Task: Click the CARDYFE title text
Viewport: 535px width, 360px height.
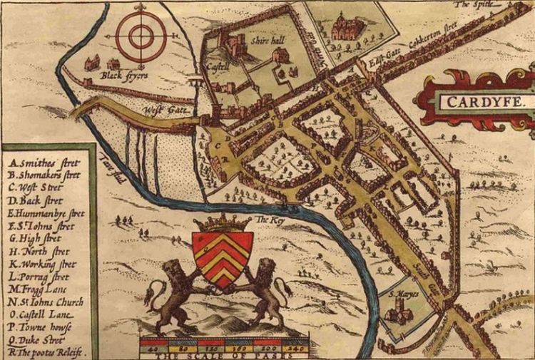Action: pyautogui.click(x=485, y=102)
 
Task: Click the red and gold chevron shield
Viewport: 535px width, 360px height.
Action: pyautogui.click(x=223, y=257)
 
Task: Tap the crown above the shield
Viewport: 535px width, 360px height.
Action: pyautogui.click(x=223, y=222)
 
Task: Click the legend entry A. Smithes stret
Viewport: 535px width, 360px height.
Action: pyautogui.click(x=43, y=162)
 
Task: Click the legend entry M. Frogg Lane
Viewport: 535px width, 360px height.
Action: pyautogui.click(x=39, y=289)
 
